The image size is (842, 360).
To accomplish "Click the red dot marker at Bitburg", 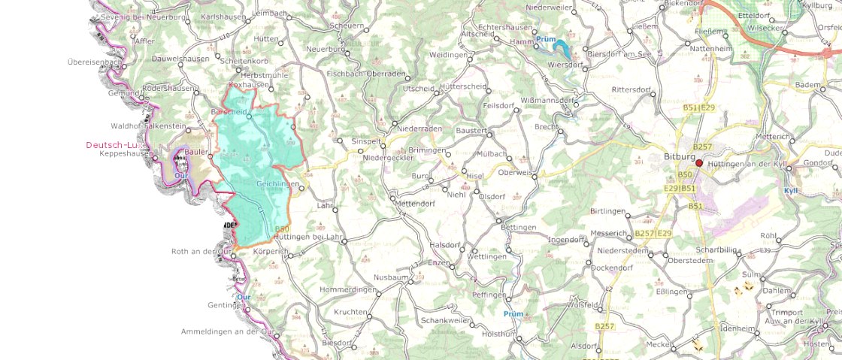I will [699, 163].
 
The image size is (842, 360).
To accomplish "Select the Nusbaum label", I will [389, 277].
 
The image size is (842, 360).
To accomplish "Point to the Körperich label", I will [271, 251].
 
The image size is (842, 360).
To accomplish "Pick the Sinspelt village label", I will [356, 141].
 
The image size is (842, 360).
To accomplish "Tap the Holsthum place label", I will [499, 333].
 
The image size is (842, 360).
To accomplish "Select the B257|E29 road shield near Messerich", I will [653, 234].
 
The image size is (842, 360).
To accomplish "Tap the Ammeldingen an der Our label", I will [226, 331].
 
